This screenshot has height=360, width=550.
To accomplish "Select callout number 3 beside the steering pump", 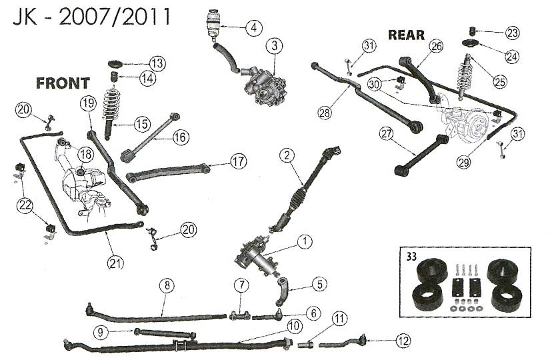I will [274, 46].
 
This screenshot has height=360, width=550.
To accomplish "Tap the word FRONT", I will [63, 83].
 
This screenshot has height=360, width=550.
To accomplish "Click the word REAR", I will [406, 35].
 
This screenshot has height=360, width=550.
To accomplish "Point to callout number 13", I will [156, 63].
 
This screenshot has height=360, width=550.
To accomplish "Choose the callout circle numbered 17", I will [238, 161].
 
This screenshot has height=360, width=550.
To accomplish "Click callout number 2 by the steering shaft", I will [287, 156].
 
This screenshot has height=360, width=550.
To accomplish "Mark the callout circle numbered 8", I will [167, 286].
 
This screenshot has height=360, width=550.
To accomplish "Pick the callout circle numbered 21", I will [115, 263].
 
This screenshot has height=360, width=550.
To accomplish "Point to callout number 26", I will [436, 46].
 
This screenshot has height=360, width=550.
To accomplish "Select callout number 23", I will [512, 32].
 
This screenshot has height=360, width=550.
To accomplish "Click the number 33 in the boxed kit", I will [406, 255].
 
